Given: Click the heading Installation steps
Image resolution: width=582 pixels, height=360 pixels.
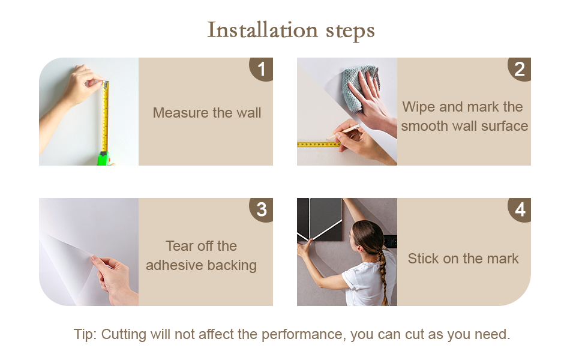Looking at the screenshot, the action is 290,30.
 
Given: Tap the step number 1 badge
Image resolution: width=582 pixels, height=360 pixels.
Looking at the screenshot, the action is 262,68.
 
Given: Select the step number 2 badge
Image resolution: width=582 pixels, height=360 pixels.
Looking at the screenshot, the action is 520,68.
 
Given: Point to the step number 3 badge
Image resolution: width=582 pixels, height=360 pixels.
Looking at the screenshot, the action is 262,209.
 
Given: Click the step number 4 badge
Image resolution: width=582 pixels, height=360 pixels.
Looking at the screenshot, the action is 520,209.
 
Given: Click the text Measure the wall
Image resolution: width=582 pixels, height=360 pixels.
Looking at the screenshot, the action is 207,112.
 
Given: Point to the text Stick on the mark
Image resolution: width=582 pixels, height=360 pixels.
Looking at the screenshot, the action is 463,259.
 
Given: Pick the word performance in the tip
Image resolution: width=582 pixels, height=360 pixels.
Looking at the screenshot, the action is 302,334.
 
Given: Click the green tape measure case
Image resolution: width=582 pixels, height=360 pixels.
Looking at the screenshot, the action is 104,158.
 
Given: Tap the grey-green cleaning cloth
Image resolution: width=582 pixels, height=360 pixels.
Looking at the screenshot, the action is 360,88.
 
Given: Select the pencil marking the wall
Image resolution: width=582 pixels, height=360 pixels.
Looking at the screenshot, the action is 343,132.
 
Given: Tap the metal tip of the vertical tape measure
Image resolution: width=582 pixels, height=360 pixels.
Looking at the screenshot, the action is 106,84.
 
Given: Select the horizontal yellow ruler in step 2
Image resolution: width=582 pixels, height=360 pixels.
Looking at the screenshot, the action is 319,144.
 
